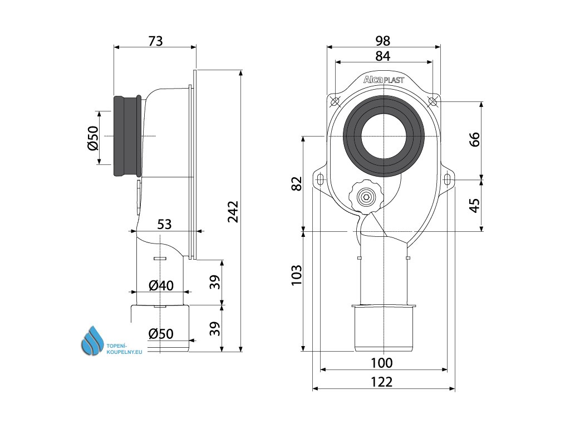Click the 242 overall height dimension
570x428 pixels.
[234, 212]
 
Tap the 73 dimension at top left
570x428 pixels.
[155, 41]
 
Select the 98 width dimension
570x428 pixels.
[382, 41]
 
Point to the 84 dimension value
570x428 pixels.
[382, 56]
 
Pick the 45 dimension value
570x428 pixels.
[474, 205]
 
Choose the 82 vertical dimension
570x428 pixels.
[296, 183]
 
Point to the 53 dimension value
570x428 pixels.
[164, 224]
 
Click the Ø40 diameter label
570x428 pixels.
[161, 286]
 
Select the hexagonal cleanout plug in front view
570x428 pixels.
[366, 197]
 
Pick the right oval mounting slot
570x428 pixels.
[448, 179]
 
